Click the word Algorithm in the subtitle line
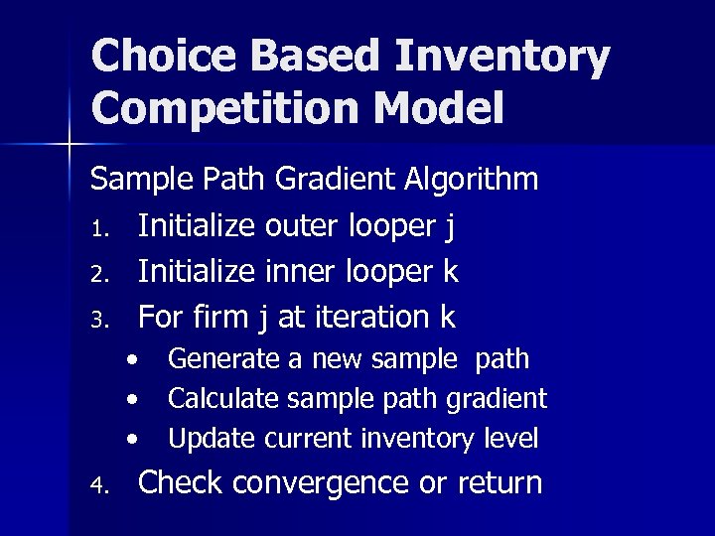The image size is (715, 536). (x=473, y=181)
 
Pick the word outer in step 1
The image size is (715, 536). (x=307, y=226)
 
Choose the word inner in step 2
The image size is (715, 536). (x=304, y=271)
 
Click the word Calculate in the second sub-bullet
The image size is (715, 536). (x=223, y=398)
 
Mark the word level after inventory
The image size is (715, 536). (x=514, y=437)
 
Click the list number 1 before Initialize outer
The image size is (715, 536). (x=97, y=229)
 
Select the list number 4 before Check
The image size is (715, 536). (x=97, y=486)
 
